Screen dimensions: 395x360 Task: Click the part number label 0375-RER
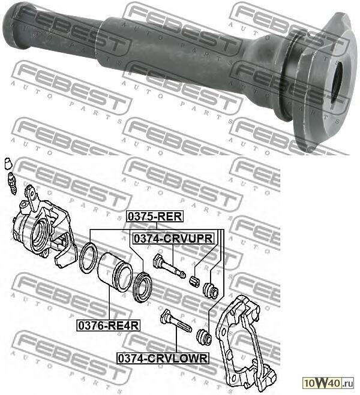[x=154, y=217]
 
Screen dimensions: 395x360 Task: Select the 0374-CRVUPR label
[x=173, y=239]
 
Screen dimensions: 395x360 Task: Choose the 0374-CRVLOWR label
[x=163, y=358]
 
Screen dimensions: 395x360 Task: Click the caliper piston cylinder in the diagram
[x=115, y=273]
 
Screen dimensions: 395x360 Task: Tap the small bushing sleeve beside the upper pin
[x=194, y=281]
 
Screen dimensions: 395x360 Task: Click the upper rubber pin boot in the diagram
[x=211, y=290]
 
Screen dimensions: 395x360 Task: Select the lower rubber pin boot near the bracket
[x=205, y=337]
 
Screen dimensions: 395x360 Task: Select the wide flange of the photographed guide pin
[x=315, y=78]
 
